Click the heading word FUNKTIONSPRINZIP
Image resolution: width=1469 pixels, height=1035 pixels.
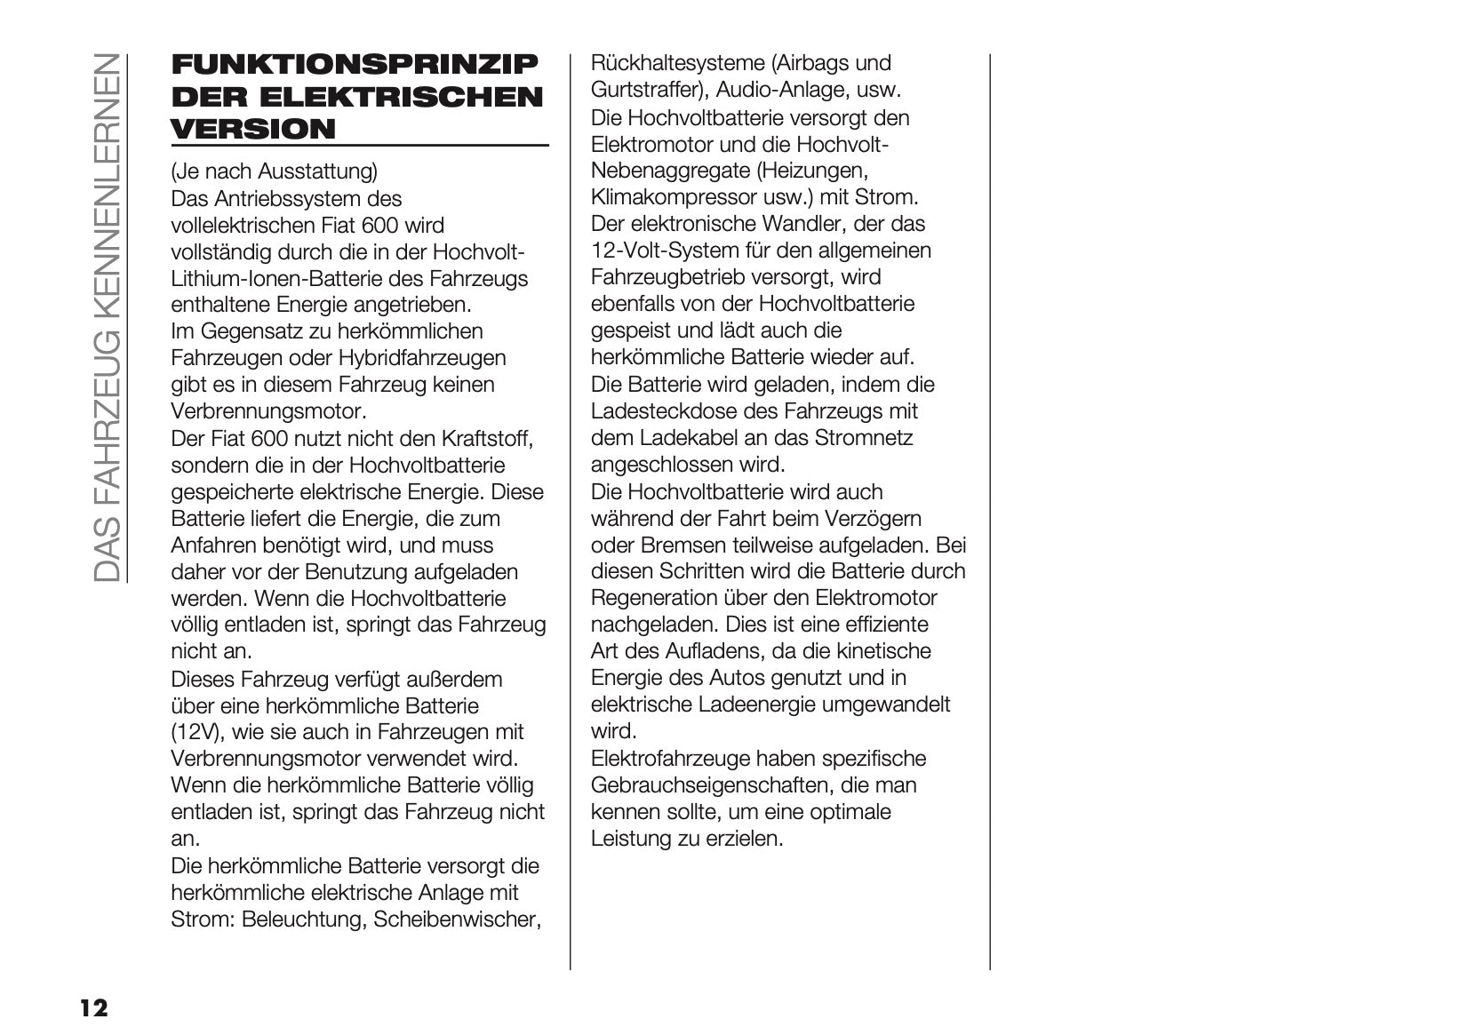click(354, 65)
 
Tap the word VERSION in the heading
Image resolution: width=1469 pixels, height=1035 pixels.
click(253, 129)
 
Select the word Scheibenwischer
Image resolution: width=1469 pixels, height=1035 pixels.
click(457, 920)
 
